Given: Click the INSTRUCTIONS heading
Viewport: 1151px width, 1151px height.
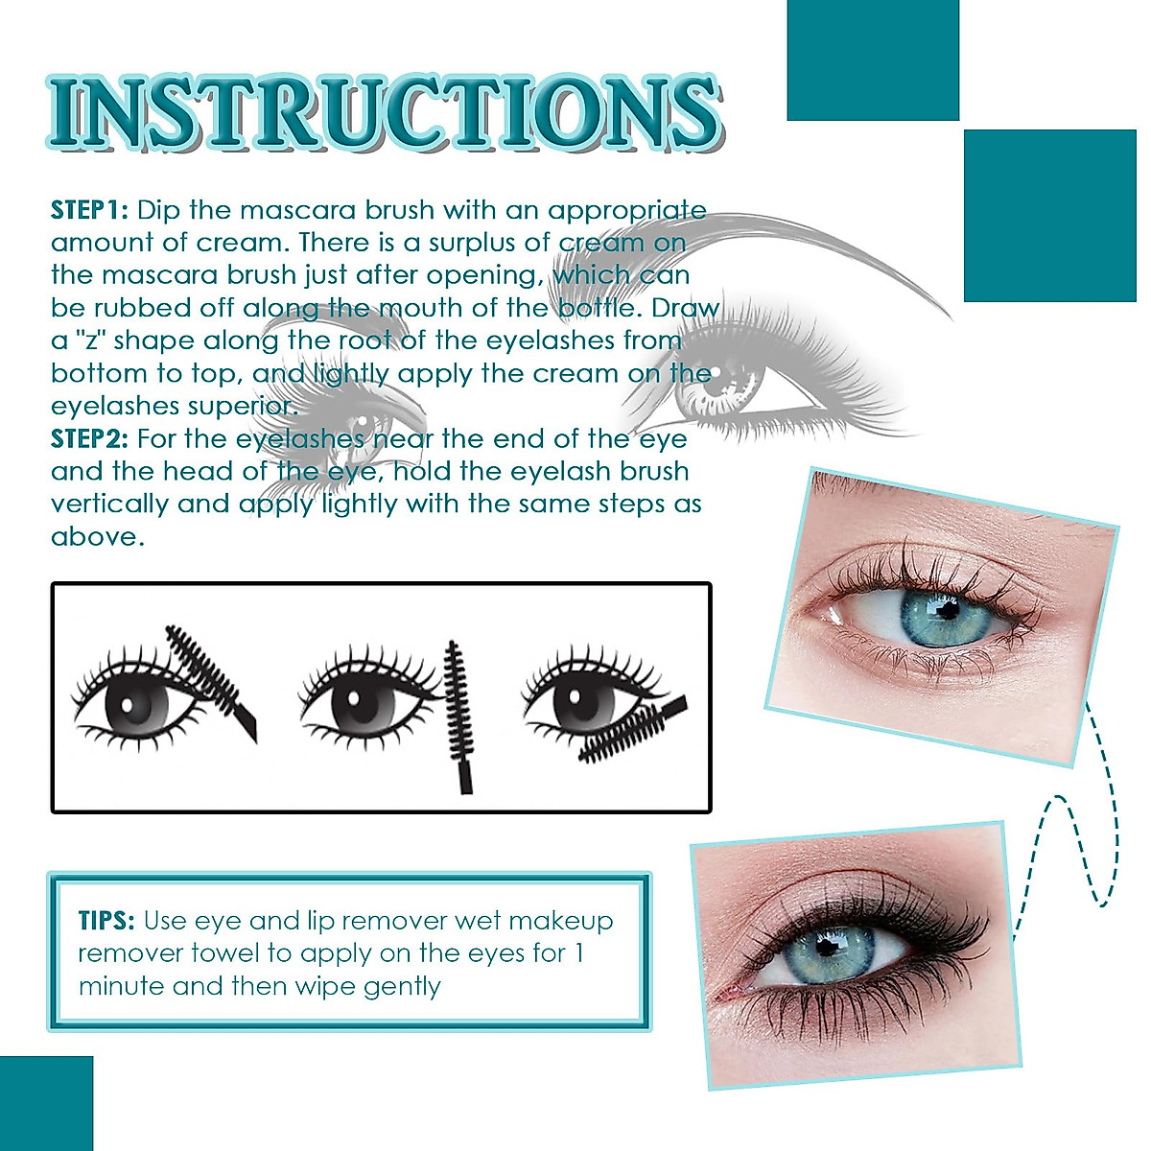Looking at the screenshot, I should click(384, 113).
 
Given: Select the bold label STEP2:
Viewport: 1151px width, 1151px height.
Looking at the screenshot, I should click(89, 439).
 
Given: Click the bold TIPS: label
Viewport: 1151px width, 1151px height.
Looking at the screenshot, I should click(106, 921).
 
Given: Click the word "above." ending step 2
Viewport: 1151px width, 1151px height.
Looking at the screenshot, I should click(97, 537).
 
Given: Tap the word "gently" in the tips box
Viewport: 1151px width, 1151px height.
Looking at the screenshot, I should click(401, 987).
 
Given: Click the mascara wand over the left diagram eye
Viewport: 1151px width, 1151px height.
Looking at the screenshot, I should click(211, 676).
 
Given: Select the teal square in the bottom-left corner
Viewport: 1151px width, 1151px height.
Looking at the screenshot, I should click(46, 1103).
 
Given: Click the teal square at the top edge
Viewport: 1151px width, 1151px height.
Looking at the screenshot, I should click(872, 59).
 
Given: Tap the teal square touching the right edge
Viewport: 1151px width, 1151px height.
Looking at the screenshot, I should click(1049, 216).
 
